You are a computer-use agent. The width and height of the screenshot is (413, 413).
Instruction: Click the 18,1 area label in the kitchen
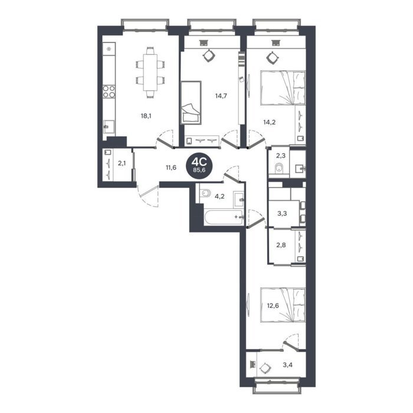(x=146, y=116)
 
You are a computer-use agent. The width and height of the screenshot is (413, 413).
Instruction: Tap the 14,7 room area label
(x=221, y=96)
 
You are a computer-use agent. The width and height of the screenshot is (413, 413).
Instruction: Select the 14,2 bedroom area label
(x=270, y=122)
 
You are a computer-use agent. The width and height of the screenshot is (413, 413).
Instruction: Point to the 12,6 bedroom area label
(x=273, y=306)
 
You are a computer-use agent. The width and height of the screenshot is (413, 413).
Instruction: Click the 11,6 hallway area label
(x=171, y=168)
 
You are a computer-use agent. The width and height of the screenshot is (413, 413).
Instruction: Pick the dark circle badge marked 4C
(x=199, y=165)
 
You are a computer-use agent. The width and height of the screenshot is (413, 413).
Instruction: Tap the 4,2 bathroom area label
(x=219, y=196)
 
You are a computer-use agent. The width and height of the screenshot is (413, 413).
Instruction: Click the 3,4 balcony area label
(x=288, y=365)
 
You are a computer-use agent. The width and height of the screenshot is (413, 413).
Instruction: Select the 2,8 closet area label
(x=281, y=245)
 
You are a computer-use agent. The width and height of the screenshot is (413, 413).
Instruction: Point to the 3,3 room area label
(x=282, y=214)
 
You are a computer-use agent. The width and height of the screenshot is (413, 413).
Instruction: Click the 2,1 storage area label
(x=122, y=163)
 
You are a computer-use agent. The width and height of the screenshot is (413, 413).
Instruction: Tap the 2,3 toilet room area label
(x=281, y=156)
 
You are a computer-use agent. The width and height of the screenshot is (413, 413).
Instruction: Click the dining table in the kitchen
(x=150, y=72)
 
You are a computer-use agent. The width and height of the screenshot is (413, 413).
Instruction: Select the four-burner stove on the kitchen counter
(x=109, y=91)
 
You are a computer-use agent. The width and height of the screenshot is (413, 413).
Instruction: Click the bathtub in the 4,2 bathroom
(x=224, y=217)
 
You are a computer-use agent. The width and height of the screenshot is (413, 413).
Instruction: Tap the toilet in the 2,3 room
(x=278, y=168)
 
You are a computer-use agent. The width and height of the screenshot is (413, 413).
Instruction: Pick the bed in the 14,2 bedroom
(x=283, y=88)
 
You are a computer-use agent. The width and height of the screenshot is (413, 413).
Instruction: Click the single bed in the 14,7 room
(x=191, y=103)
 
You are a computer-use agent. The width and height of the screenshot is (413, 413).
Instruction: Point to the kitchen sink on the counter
(x=109, y=127)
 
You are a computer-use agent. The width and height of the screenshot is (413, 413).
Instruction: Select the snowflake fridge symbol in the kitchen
(x=109, y=49)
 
